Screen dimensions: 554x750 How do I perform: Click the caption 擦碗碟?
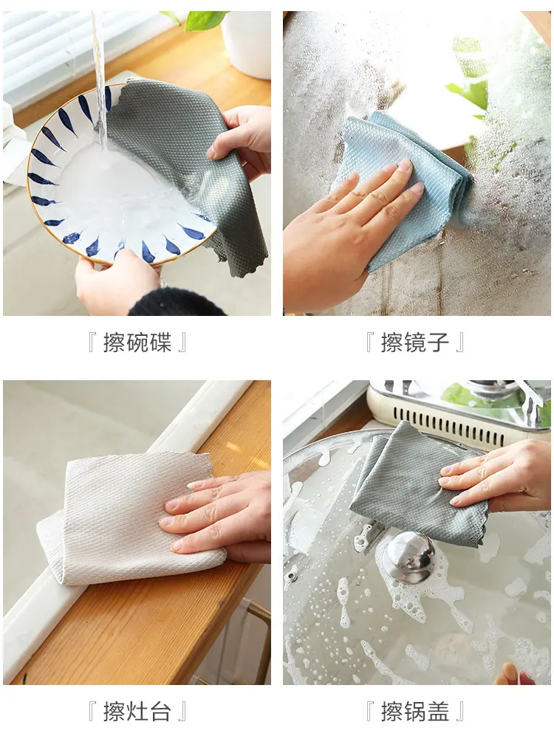pos(137,343)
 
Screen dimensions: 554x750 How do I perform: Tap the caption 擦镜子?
pos(414,343)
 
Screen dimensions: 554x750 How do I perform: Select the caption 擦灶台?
pos(137,712)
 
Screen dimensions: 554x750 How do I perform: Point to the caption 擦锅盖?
pos(414,712)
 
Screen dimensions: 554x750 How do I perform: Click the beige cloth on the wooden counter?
pos(129,519)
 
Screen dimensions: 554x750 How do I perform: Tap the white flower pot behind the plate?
pos(246,43)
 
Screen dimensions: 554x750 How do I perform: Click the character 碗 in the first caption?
pos(137,343)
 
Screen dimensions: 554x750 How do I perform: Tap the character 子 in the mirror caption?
pos(437,343)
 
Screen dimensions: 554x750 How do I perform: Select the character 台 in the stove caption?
pos(160,712)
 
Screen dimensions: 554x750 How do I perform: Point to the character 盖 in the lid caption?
pos(437,712)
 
